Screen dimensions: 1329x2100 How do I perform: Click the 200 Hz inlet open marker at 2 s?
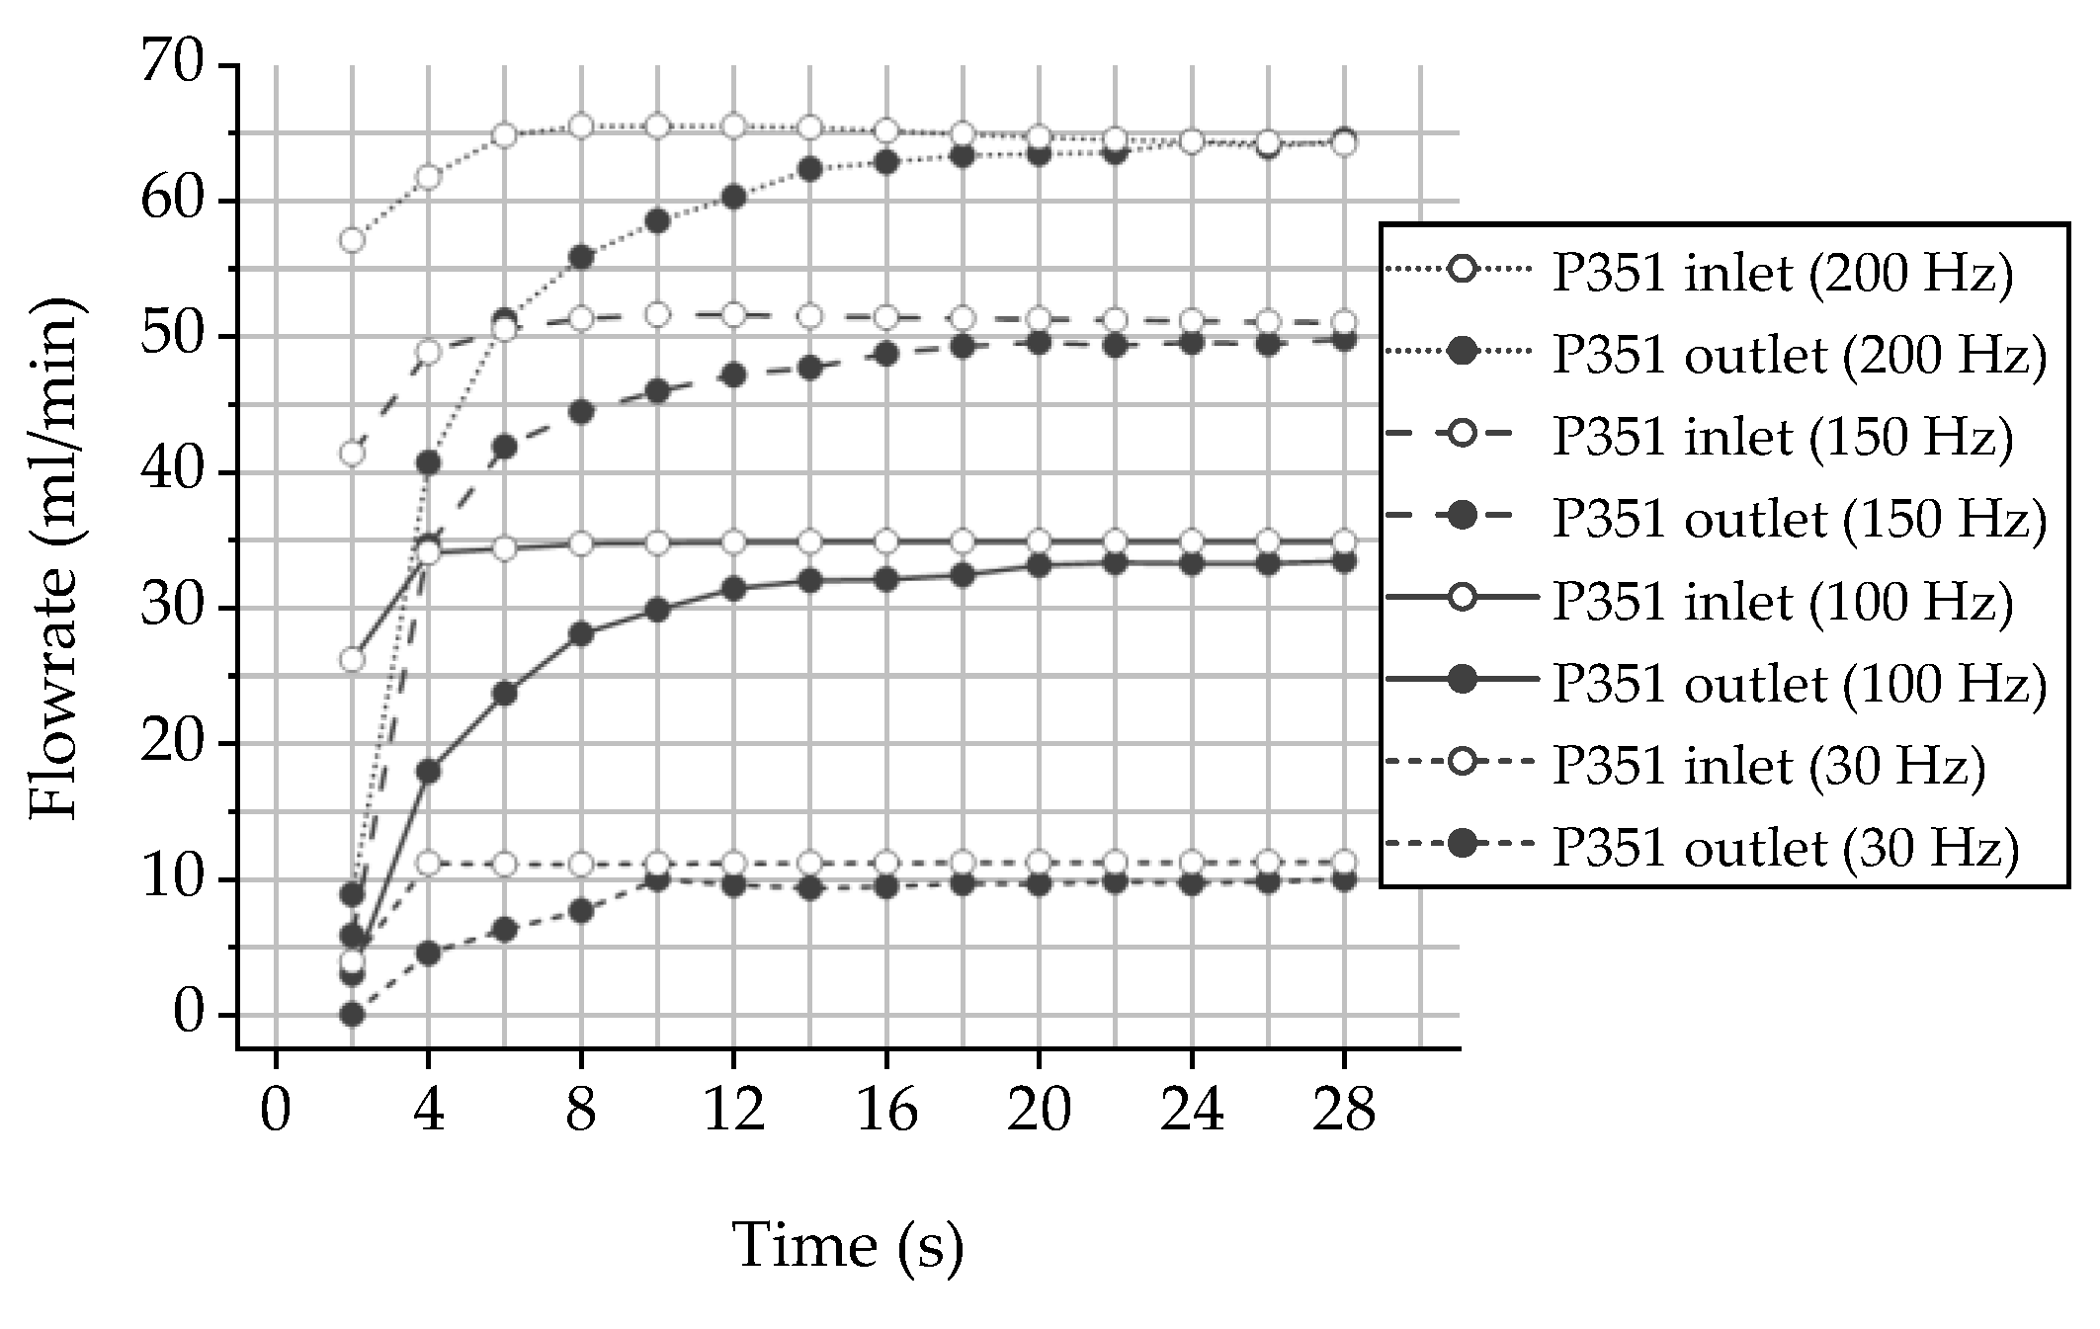(x=352, y=240)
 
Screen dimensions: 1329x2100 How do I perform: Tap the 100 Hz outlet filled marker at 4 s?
(x=428, y=772)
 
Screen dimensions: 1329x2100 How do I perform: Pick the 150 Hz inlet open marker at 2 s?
(x=352, y=454)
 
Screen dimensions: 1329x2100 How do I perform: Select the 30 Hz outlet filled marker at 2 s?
(x=352, y=1014)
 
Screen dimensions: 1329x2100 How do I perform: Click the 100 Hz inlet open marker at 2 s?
(x=352, y=659)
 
